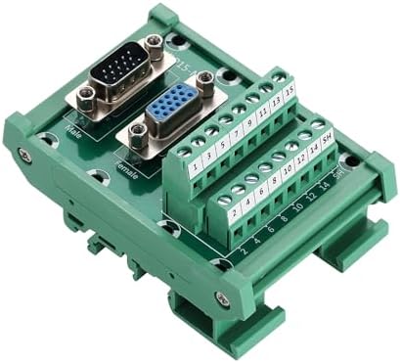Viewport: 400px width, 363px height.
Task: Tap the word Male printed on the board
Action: click(72, 127)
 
